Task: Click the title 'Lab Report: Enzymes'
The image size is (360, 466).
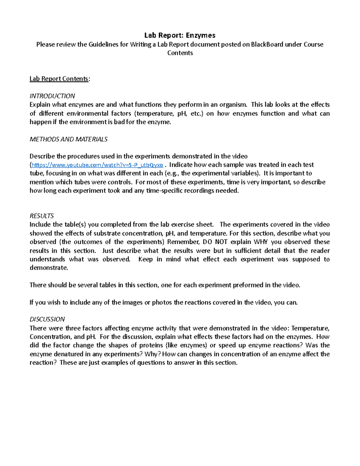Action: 180,35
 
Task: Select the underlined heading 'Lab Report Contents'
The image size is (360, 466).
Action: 59,79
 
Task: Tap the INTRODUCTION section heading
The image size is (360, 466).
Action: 52,96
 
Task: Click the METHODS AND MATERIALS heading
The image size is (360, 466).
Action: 68,139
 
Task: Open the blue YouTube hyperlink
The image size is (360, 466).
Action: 97,165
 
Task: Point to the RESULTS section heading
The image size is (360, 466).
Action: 42,216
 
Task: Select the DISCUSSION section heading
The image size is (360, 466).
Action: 47,319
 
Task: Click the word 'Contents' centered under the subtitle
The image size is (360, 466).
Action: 180,53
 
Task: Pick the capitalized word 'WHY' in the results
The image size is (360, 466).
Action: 261,242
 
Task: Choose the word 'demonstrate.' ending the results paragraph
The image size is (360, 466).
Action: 49,268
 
